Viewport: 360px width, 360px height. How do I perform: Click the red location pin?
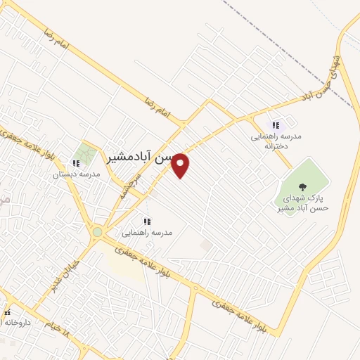181,164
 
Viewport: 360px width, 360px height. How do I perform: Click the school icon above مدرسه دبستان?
76,163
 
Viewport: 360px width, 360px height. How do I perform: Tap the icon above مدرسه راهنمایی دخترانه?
276,124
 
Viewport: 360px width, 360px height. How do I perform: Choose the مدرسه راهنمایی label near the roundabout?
147,231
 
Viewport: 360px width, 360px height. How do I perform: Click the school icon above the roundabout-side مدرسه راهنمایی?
146,219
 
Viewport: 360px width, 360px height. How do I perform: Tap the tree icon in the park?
302,187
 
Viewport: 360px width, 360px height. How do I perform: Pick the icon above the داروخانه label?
7,312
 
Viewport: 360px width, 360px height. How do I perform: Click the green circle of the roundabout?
97,231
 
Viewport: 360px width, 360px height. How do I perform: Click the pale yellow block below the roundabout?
123,262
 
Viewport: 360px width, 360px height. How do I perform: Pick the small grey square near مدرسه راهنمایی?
205,245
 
